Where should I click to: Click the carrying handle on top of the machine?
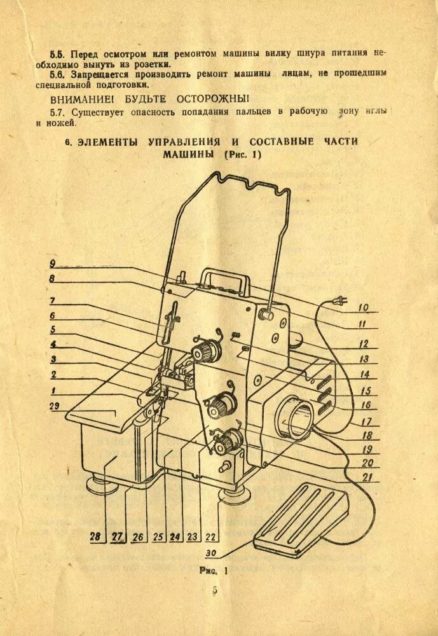pyautogui.click(x=222, y=279)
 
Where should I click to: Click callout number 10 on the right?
pyautogui.click(x=363, y=307)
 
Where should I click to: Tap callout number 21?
pyautogui.click(x=367, y=476)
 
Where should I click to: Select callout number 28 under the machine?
pyautogui.click(x=95, y=536)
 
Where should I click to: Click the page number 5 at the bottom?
pyautogui.click(x=215, y=590)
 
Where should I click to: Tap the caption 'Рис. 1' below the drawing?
pyautogui.click(x=213, y=570)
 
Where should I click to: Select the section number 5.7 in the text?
pyautogui.click(x=58, y=112)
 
